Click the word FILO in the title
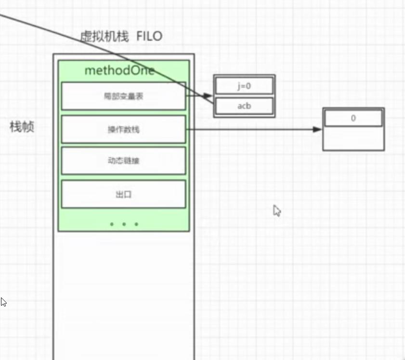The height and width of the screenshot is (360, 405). click(149, 37)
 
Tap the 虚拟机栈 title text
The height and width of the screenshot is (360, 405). click(105, 37)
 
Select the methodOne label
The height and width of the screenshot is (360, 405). click(119, 71)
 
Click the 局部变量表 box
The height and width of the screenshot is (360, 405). click(124, 96)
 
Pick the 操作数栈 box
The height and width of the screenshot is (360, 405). click(124, 129)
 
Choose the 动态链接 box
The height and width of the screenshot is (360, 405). click(124, 161)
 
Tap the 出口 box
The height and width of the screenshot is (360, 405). click(124, 194)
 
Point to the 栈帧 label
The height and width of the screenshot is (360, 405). click(22, 127)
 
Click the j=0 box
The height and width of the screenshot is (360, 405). click(244, 86)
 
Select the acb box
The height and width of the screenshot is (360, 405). click(244, 106)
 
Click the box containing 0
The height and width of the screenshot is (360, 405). click(353, 118)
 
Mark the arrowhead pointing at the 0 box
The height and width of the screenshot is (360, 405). click(317, 129)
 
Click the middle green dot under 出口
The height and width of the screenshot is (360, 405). click(124, 224)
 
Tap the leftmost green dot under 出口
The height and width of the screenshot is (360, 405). click(112, 224)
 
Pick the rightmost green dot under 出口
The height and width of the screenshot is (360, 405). click(136, 224)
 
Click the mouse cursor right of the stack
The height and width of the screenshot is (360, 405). click(277, 211)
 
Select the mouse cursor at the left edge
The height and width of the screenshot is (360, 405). click(3, 302)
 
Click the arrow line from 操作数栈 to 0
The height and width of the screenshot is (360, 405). click(250, 129)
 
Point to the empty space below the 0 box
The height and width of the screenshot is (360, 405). click(353, 139)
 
